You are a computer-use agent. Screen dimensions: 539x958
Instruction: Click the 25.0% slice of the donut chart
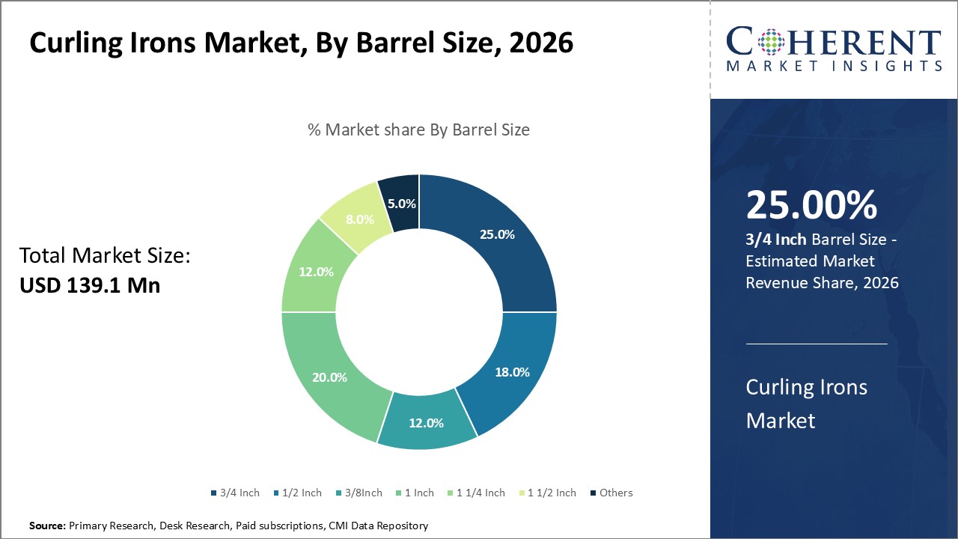coord(497,234)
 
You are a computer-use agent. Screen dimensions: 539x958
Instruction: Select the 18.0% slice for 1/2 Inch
coord(513,372)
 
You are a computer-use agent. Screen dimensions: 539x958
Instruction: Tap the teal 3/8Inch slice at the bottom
coord(426,422)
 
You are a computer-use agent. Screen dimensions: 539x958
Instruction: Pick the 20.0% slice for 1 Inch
coord(329,377)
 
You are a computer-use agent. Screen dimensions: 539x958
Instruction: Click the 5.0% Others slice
coord(400,203)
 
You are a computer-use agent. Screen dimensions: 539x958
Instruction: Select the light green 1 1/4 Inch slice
coord(315,272)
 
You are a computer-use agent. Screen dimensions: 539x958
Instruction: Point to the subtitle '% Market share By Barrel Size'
coord(418,130)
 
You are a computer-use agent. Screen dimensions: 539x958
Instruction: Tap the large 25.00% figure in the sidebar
coord(811,206)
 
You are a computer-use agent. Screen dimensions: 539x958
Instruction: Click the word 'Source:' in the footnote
coord(47,526)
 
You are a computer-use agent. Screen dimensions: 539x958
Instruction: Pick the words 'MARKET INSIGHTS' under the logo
coord(833,67)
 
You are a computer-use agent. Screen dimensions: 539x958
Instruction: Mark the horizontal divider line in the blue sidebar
coord(817,344)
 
